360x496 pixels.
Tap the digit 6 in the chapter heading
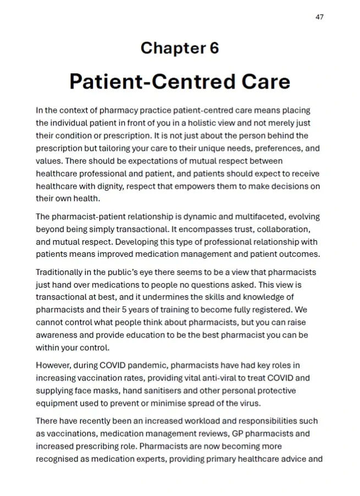[x=214, y=48]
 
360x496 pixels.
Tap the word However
[x=54, y=365]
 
